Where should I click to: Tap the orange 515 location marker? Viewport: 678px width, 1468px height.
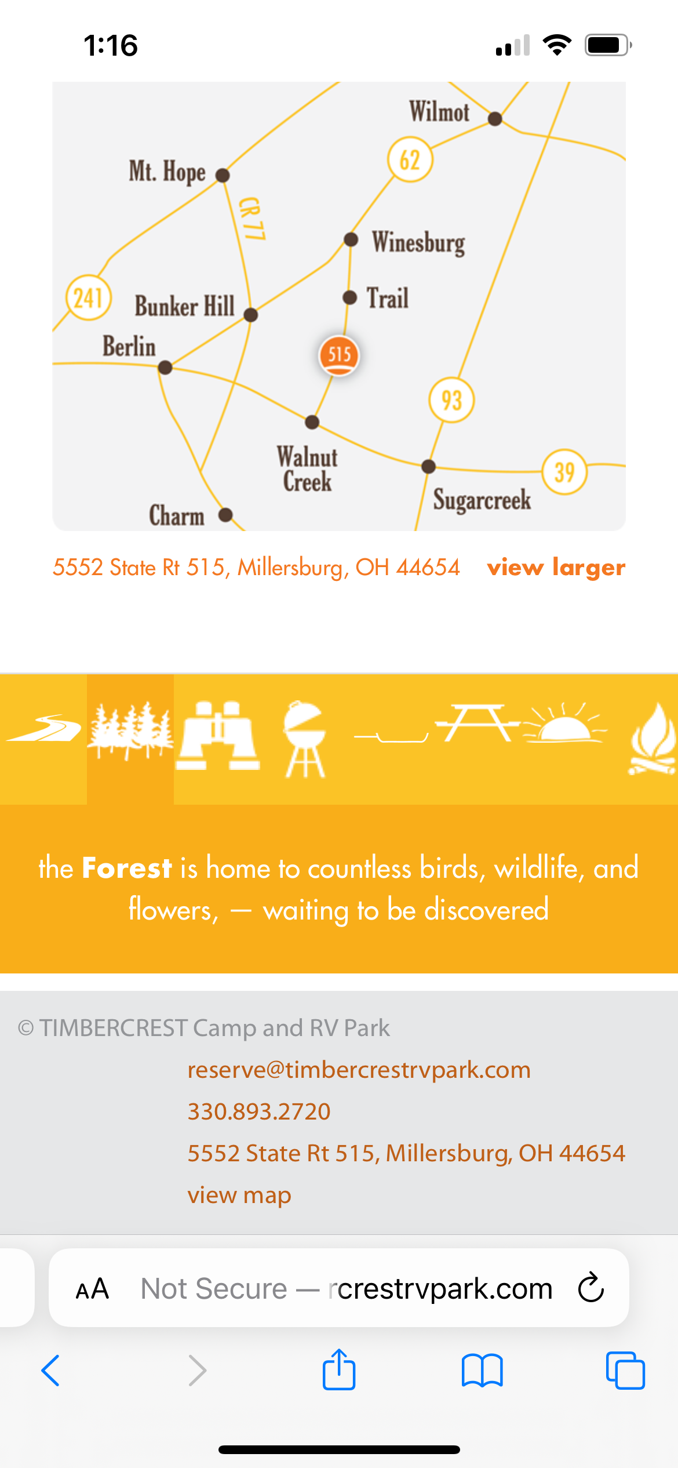[x=339, y=355]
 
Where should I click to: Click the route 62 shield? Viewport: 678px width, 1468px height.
[x=410, y=160]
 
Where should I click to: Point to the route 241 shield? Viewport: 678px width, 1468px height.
[x=89, y=297]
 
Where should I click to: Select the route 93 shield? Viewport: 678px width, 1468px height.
[x=452, y=400]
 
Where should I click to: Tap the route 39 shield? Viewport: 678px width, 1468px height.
[x=565, y=472]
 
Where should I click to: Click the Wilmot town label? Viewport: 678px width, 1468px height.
[x=439, y=112]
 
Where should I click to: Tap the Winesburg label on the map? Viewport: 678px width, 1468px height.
[x=418, y=243]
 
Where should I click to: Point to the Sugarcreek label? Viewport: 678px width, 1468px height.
[x=482, y=500]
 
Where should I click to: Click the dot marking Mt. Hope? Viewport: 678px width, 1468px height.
[x=223, y=175]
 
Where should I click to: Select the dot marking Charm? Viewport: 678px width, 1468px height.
[x=225, y=515]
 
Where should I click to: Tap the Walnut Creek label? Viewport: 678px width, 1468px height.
[x=307, y=469]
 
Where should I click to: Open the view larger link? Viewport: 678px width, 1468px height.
[x=556, y=568]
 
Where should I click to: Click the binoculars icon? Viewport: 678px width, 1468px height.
[x=218, y=736]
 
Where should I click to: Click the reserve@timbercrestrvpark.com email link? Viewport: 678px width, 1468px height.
[x=359, y=1070]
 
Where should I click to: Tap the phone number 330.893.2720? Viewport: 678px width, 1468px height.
[x=259, y=1111]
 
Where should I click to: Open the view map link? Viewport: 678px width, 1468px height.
[x=239, y=1195]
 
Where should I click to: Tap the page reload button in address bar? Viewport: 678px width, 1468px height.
[x=591, y=1287]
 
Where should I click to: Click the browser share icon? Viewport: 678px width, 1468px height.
[x=339, y=1369]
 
